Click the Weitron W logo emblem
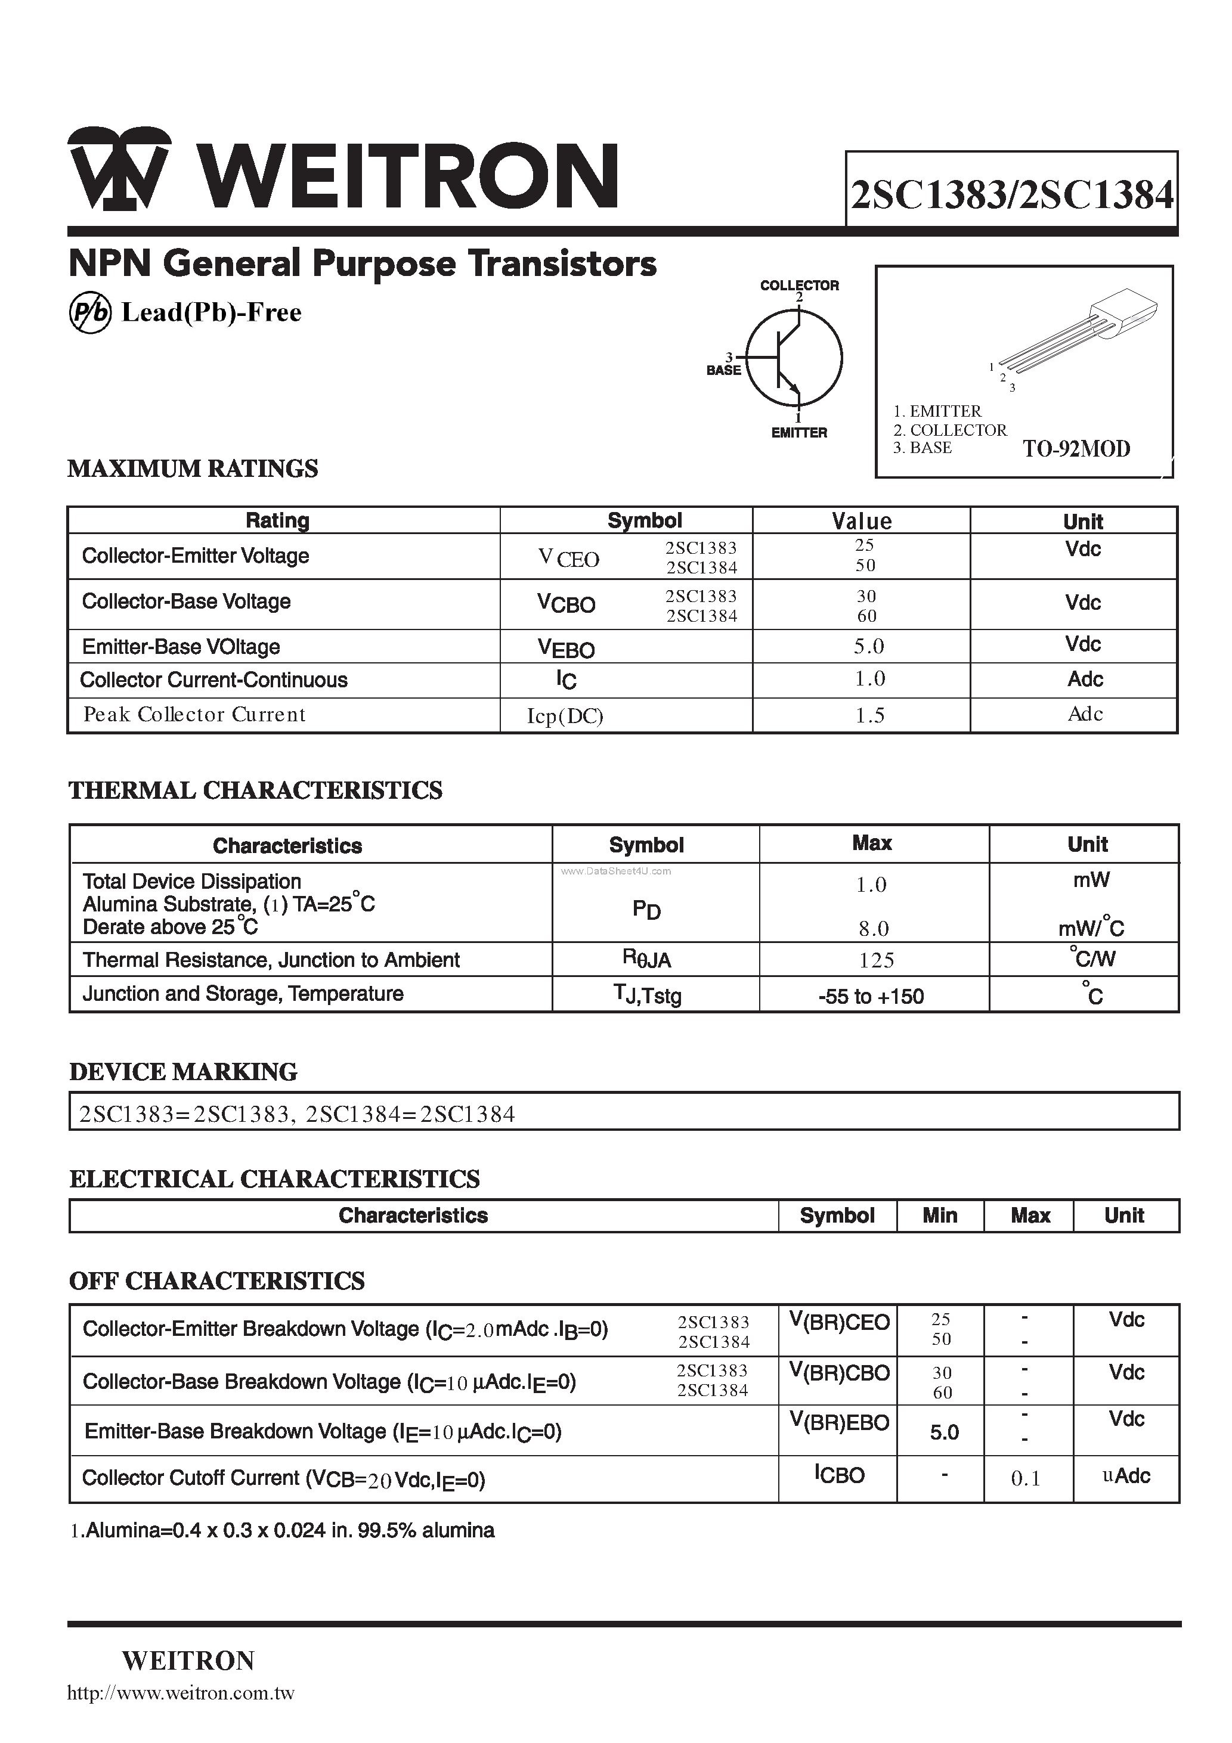tap(119, 169)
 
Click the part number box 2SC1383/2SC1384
tap(1012, 194)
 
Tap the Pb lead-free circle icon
tap(89, 313)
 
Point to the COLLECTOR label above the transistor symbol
tap(799, 286)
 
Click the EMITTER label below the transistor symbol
tap(799, 433)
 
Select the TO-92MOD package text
tap(1076, 449)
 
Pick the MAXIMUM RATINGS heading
tap(193, 469)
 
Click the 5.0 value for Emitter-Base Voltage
tap(869, 646)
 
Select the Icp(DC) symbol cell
tap(565, 716)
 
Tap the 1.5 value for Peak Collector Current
tap(869, 716)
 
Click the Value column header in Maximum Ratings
tap(861, 521)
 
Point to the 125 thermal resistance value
tap(876, 960)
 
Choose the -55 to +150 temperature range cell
tap(871, 996)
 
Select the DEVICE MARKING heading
tap(183, 1072)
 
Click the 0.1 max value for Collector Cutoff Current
tap(1026, 1478)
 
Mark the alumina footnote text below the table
tap(282, 1530)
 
